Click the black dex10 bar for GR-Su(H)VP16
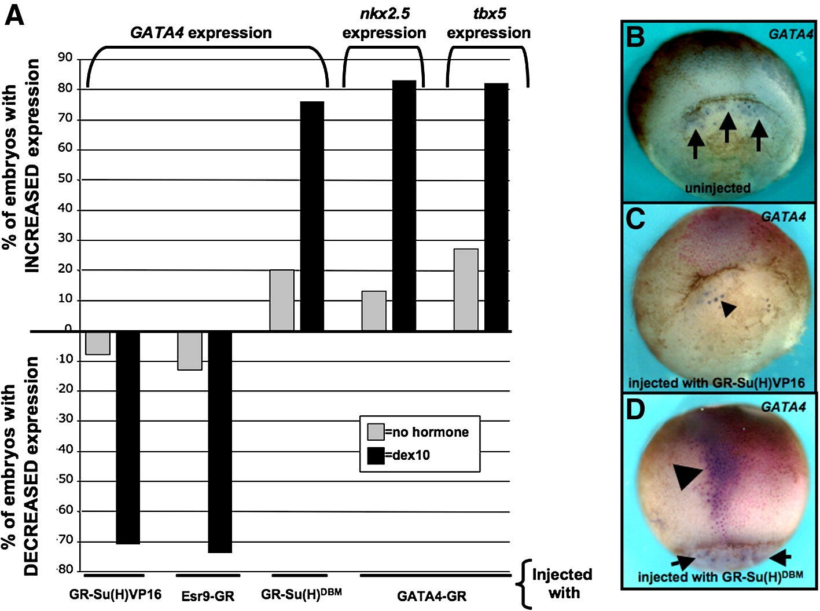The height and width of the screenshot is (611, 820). pos(128,437)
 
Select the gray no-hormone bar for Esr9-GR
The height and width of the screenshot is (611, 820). pos(190,350)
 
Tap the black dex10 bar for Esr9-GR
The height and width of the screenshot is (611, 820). pos(220,442)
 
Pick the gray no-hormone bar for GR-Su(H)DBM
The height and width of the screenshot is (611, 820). pos(282,300)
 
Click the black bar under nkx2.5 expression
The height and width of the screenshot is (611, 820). pos(404,206)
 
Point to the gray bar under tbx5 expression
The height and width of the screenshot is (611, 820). pos(466,290)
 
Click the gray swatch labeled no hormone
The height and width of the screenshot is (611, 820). pos(376,432)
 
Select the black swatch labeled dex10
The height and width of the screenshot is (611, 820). pos(376,456)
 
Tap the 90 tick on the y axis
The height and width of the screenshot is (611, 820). pos(65,57)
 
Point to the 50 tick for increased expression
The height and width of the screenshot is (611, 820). pos(65,178)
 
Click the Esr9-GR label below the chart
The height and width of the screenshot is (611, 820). pos(208,596)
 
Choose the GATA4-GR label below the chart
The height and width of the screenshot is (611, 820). pos(432,596)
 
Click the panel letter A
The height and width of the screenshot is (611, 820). pos(14,15)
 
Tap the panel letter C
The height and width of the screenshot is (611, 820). pos(635,219)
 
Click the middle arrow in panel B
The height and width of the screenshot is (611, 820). pos(727,127)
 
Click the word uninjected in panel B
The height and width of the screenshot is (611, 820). pos(718,188)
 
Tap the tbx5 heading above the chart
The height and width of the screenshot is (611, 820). pos(489,13)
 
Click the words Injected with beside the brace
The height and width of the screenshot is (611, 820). pos(562,584)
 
